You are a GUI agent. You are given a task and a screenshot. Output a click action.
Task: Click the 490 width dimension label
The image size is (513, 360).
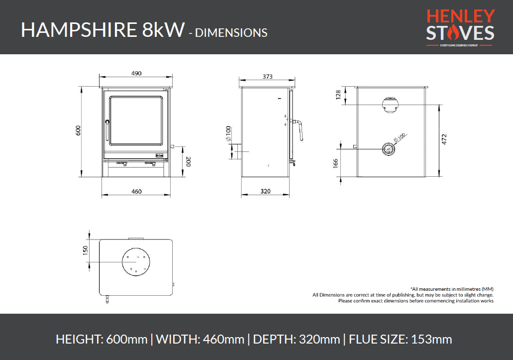pyautogui.click(x=137, y=73)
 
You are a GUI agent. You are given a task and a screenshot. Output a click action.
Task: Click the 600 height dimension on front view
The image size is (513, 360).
pyautogui.click(x=78, y=130)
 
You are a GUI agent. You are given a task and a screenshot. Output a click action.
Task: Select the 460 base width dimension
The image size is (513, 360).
pyautogui.click(x=137, y=191)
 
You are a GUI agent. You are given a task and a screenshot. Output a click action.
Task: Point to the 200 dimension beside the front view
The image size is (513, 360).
pyautogui.click(x=188, y=161)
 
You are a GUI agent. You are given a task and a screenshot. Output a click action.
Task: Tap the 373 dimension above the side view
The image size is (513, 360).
pyautogui.click(x=267, y=76)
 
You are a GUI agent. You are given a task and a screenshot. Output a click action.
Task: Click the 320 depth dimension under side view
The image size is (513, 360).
pyautogui.click(x=265, y=191)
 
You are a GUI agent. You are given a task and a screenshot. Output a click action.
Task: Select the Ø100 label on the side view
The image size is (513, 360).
pyautogui.click(x=228, y=134)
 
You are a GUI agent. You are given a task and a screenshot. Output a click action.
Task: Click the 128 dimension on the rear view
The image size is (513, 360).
pyautogui.click(x=339, y=95)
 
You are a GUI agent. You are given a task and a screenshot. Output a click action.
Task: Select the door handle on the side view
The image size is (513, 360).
pyautogui.click(x=300, y=128)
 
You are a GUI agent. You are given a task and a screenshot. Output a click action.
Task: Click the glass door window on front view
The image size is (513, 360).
pyautogui.click(x=135, y=121)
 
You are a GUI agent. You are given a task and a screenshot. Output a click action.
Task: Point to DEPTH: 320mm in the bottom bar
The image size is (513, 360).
pyautogui.click(x=297, y=340)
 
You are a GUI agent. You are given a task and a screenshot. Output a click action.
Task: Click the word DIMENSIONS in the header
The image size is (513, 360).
pyautogui.click(x=231, y=33)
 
